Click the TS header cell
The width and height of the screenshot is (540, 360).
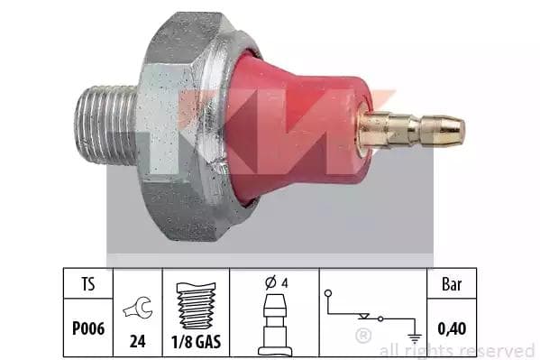[x=88, y=284]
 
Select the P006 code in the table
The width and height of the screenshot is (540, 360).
[x=88, y=328]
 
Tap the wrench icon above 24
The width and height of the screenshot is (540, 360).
[x=138, y=308]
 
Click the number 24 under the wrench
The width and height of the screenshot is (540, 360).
[x=137, y=341]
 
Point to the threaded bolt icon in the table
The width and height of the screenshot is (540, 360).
[x=196, y=306]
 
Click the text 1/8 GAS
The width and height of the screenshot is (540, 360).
[x=196, y=342]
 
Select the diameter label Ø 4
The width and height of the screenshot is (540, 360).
[x=276, y=282]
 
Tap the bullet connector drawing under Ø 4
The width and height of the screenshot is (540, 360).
[x=275, y=325]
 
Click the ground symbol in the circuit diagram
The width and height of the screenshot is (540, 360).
[x=416, y=338]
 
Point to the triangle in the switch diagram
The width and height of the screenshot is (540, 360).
[x=363, y=316]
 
